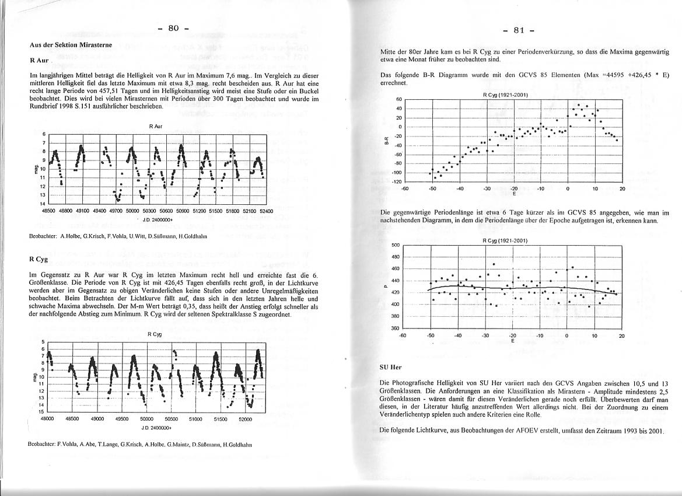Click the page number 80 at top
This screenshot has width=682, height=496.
(173, 28)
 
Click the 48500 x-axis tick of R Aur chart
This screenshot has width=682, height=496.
(50, 210)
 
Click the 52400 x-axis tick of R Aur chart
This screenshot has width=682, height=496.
(266, 210)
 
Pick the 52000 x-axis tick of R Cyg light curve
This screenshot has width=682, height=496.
(245, 419)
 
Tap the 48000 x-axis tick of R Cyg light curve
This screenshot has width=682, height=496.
(47, 419)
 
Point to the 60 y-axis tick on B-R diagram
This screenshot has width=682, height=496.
(400, 100)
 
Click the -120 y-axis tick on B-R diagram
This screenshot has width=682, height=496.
(398, 182)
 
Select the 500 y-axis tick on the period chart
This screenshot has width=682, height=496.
(396, 246)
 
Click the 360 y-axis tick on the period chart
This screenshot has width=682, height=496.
(396, 329)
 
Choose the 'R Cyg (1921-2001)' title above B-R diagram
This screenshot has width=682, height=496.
(505, 94)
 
